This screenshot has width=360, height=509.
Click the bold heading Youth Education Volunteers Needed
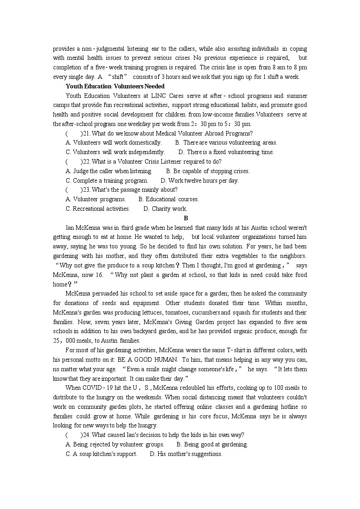pos(115,86)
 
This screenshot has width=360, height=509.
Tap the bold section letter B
pos(180,218)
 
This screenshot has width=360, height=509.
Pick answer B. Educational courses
pos(169,199)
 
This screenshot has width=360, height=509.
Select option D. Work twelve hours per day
pos(200,180)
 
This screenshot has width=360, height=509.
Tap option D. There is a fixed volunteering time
pos(226,152)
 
